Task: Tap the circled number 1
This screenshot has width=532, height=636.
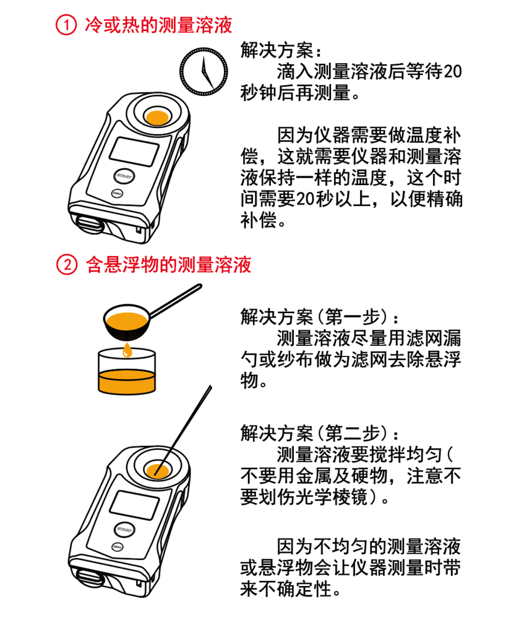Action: click(64, 25)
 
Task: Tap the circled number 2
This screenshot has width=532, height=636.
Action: click(64, 265)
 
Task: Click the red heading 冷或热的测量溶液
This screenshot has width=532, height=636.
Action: click(158, 25)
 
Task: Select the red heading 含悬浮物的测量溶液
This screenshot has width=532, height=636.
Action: click(168, 265)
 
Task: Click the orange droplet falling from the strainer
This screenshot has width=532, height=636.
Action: click(127, 351)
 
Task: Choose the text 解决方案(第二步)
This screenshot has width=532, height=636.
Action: click(315, 431)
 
